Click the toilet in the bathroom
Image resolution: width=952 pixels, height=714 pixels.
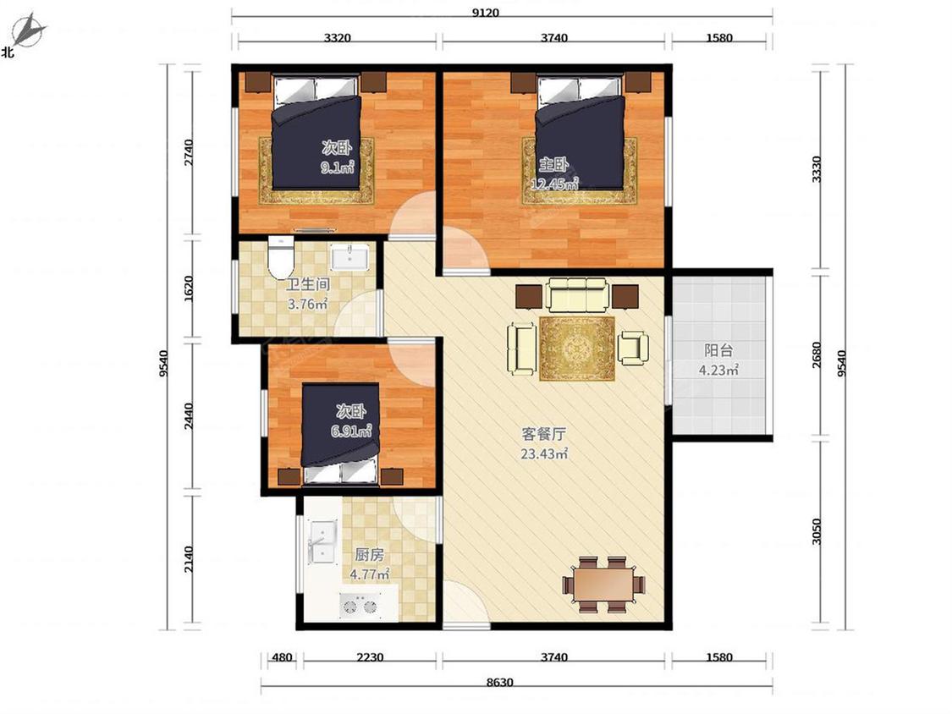tap(280, 256)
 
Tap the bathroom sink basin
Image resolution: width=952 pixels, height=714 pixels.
tap(349, 257)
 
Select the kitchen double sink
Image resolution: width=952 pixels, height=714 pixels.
tap(322, 541)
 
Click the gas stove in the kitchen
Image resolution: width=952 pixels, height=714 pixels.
tap(360, 606)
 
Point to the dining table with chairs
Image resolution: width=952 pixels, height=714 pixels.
tap(603, 584)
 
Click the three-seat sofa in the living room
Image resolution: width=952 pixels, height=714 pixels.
tap(577, 295)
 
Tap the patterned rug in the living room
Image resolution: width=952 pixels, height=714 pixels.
tap(577, 349)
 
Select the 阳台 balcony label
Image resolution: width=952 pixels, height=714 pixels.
tap(718, 350)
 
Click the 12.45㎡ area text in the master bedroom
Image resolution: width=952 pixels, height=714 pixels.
tap(553, 184)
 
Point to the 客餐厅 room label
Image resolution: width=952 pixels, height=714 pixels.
tap(544, 434)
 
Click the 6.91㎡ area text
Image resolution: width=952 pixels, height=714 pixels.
tap(351, 431)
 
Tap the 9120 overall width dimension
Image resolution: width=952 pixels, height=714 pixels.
tap(485, 12)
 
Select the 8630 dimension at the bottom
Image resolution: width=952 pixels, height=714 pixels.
tap(499, 683)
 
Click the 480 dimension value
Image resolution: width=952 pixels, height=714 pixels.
tap(282, 657)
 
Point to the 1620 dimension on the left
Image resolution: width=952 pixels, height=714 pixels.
tap(188, 288)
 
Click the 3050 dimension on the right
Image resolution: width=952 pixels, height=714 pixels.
tap(817, 531)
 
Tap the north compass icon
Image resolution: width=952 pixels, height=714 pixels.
tap(27, 31)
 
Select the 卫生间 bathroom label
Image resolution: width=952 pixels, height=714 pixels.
tap(308, 284)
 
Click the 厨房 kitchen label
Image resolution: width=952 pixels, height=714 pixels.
tap(369, 554)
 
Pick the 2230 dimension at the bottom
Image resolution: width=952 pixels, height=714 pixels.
tap(370, 657)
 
